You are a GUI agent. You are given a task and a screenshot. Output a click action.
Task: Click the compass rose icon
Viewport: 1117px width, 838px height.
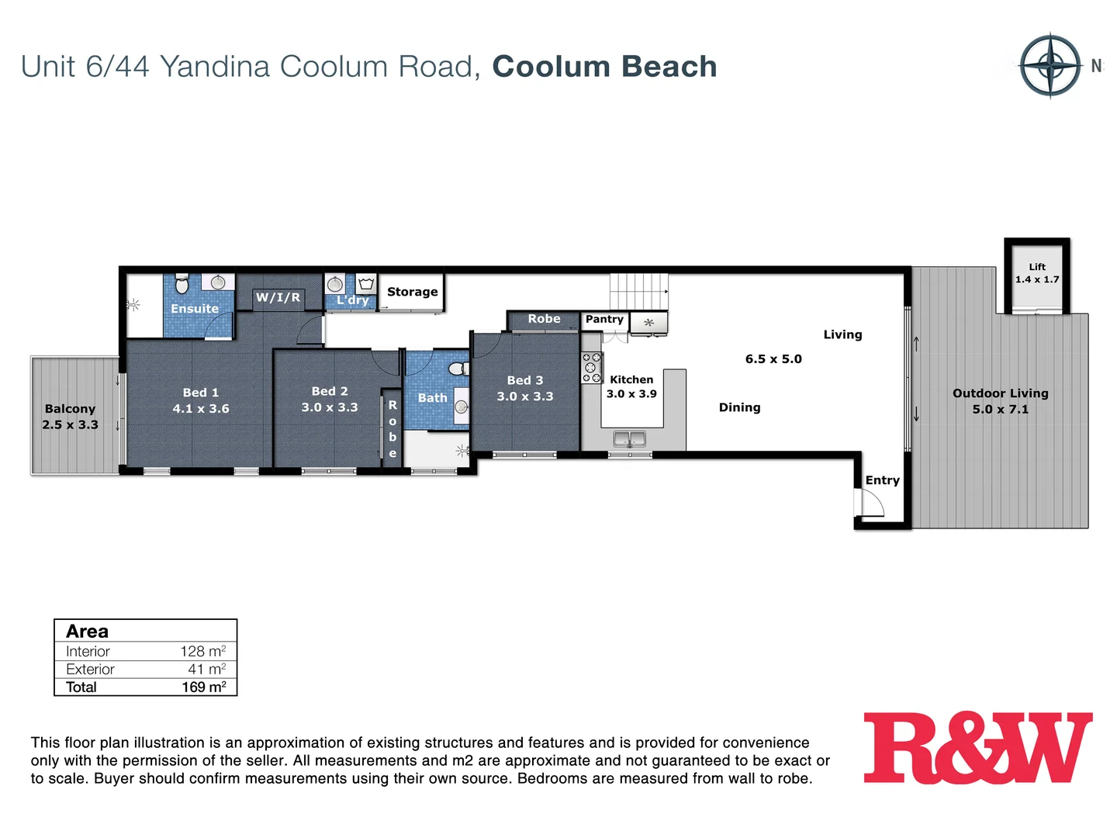click(x=1050, y=65)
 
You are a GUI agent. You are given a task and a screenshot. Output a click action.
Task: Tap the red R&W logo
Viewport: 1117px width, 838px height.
click(x=977, y=748)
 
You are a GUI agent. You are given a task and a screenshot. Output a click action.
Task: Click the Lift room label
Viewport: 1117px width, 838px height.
click(x=1037, y=273)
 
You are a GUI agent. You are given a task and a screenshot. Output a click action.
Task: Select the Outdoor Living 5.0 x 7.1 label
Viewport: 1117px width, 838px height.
click(x=1000, y=401)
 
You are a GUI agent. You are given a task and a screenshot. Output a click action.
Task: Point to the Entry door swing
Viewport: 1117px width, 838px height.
click(x=870, y=504)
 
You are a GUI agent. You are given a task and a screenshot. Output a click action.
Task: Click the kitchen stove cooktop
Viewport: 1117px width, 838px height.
click(x=592, y=368)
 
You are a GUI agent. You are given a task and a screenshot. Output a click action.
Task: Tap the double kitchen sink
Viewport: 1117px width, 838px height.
click(x=629, y=439)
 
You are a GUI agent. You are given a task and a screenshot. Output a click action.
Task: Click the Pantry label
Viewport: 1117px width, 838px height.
click(x=604, y=319)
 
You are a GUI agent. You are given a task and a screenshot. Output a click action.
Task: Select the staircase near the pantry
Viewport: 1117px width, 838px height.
click(x=638, y=292)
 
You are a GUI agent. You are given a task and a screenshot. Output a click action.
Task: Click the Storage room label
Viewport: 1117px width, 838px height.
click(x=412, y=292)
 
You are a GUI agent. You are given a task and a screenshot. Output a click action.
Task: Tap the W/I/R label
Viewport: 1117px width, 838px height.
click(x=278, y=297)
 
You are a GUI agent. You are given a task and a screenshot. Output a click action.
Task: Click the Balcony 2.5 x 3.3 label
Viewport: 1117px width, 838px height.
click(x=70, y=417)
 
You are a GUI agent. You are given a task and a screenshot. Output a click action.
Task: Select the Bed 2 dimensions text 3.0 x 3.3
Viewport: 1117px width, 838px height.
click(x=330, y=407)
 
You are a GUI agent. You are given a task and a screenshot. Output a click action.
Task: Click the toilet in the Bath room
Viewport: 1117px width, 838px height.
click(x=458, y=368)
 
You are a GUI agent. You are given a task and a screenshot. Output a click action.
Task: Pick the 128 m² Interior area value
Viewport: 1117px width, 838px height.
click(x=202, y=651)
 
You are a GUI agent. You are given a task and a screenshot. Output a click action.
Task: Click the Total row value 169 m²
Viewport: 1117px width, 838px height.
click(x=203, y=687)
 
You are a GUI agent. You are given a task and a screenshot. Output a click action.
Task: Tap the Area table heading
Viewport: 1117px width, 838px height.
click(x=87, y=631)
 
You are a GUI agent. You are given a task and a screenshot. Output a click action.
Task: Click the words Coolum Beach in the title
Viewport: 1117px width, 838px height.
click(x=604, y=67)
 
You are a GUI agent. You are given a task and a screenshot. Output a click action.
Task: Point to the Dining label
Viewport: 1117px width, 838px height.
click(x=739, y=407)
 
